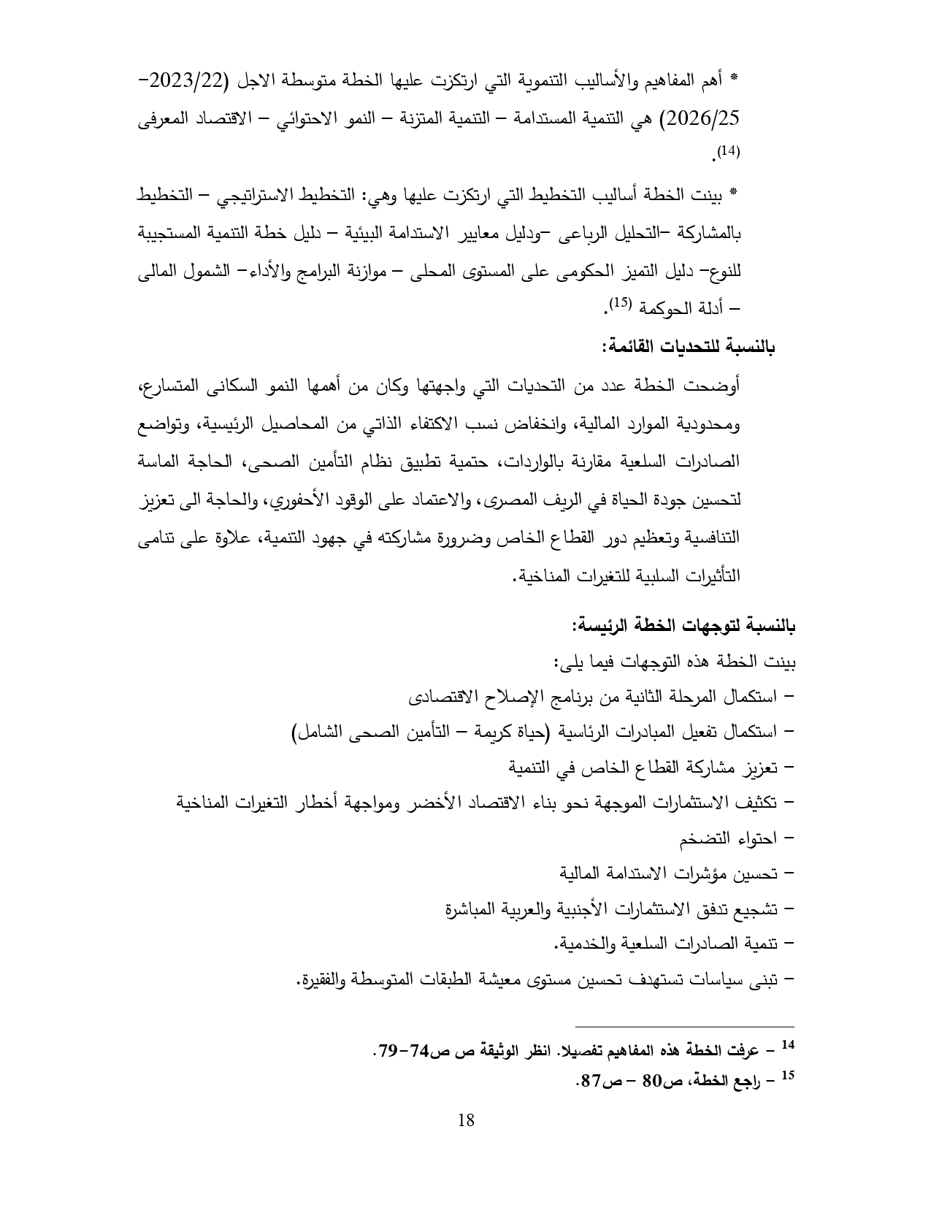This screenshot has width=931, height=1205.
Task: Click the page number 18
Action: tap(465, 1120)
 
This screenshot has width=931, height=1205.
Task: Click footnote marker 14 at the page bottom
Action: tap(786, 1045)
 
